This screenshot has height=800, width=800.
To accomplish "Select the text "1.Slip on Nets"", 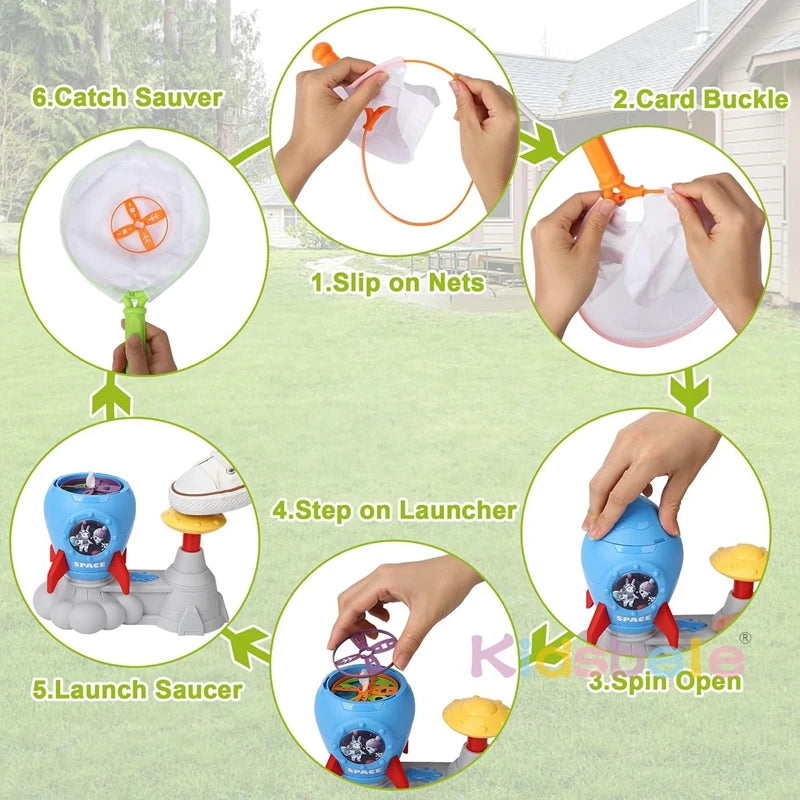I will tap(397, 283).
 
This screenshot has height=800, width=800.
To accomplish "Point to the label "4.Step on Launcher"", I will tap(395, 510).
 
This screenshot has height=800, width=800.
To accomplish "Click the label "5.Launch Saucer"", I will tap(125, 689).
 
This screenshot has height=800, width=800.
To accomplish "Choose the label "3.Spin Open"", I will tap(665, 682).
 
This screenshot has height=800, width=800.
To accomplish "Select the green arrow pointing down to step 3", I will tap(685, 392).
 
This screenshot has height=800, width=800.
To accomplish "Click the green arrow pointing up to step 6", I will tap(110, 398).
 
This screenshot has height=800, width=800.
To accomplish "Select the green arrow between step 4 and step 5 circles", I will tap(245, 646).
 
